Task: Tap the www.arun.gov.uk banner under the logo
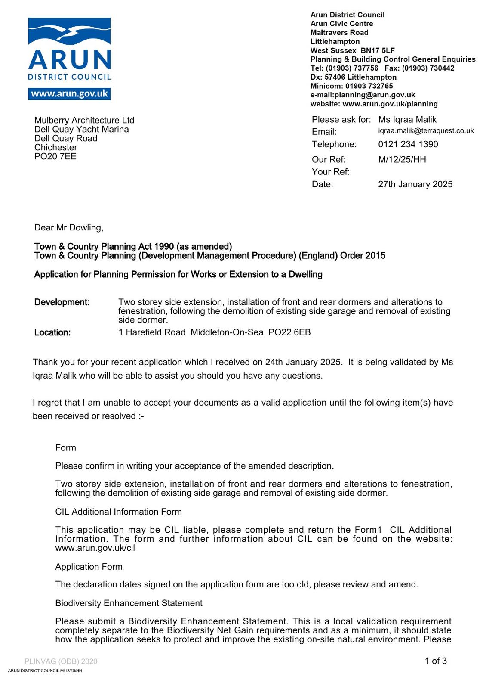(69, 94)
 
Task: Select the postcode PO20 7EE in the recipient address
(55, 156)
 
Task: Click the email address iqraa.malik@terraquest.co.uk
(426, 131)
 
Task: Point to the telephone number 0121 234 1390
(408, 144)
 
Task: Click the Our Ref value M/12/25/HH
(402, 160)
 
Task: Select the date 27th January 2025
(415, 184)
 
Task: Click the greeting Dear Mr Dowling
(69, 227)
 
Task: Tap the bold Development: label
(62, 302)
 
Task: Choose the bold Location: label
(52, 332)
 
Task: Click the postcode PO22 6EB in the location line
(289, 332)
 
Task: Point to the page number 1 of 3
(436, 661)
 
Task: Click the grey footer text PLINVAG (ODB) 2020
(61, 661)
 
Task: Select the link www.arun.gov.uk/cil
(95, 548)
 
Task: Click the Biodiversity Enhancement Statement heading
(129, 603)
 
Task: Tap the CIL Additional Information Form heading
(118, 512)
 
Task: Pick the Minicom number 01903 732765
(369, 86)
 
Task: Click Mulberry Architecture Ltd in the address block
(84, 120)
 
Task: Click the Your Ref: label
(330, 172)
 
